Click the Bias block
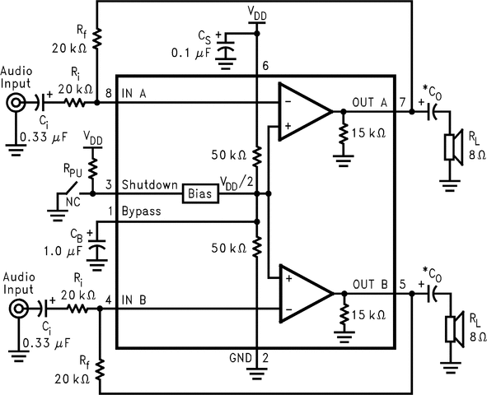(199, 194)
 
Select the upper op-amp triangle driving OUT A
(302, 110)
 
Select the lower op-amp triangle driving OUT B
(302, 293)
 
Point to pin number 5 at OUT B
(403, 286)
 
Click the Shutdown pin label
(150, 185)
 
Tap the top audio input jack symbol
(16, 104)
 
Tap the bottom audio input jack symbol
(16, 309)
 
